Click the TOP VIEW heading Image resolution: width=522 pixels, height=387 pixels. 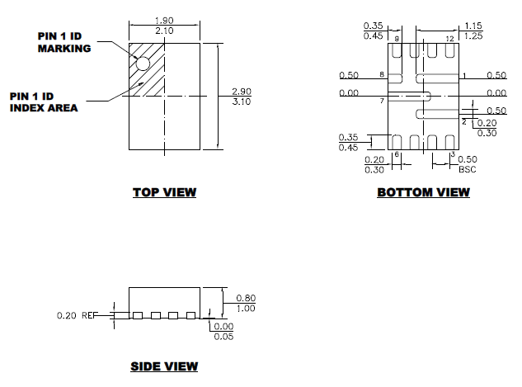(164, 193)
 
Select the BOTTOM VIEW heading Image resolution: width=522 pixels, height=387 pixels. (423, 193)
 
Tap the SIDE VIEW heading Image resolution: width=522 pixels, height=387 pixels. (164, 366)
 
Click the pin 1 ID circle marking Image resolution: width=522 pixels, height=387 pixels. (143, 63)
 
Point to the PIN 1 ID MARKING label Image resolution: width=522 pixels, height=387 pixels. (63, 42)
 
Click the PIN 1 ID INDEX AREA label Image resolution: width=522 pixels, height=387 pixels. (44, 101)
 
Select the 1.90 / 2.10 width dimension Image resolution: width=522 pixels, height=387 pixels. (165, 26)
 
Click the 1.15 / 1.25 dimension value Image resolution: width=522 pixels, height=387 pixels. (473, 31)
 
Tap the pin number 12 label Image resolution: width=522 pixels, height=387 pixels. (450, 40)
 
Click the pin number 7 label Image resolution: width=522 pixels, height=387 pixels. (382, 101)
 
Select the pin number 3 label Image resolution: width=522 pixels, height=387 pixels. (452, 154)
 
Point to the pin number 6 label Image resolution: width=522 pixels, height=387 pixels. (397, 154)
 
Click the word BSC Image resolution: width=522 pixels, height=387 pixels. (468, 168)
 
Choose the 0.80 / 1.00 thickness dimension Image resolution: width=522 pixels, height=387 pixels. (246, 303)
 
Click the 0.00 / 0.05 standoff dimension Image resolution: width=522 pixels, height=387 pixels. (223, 332)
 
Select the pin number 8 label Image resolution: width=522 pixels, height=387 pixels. (382, 75)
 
